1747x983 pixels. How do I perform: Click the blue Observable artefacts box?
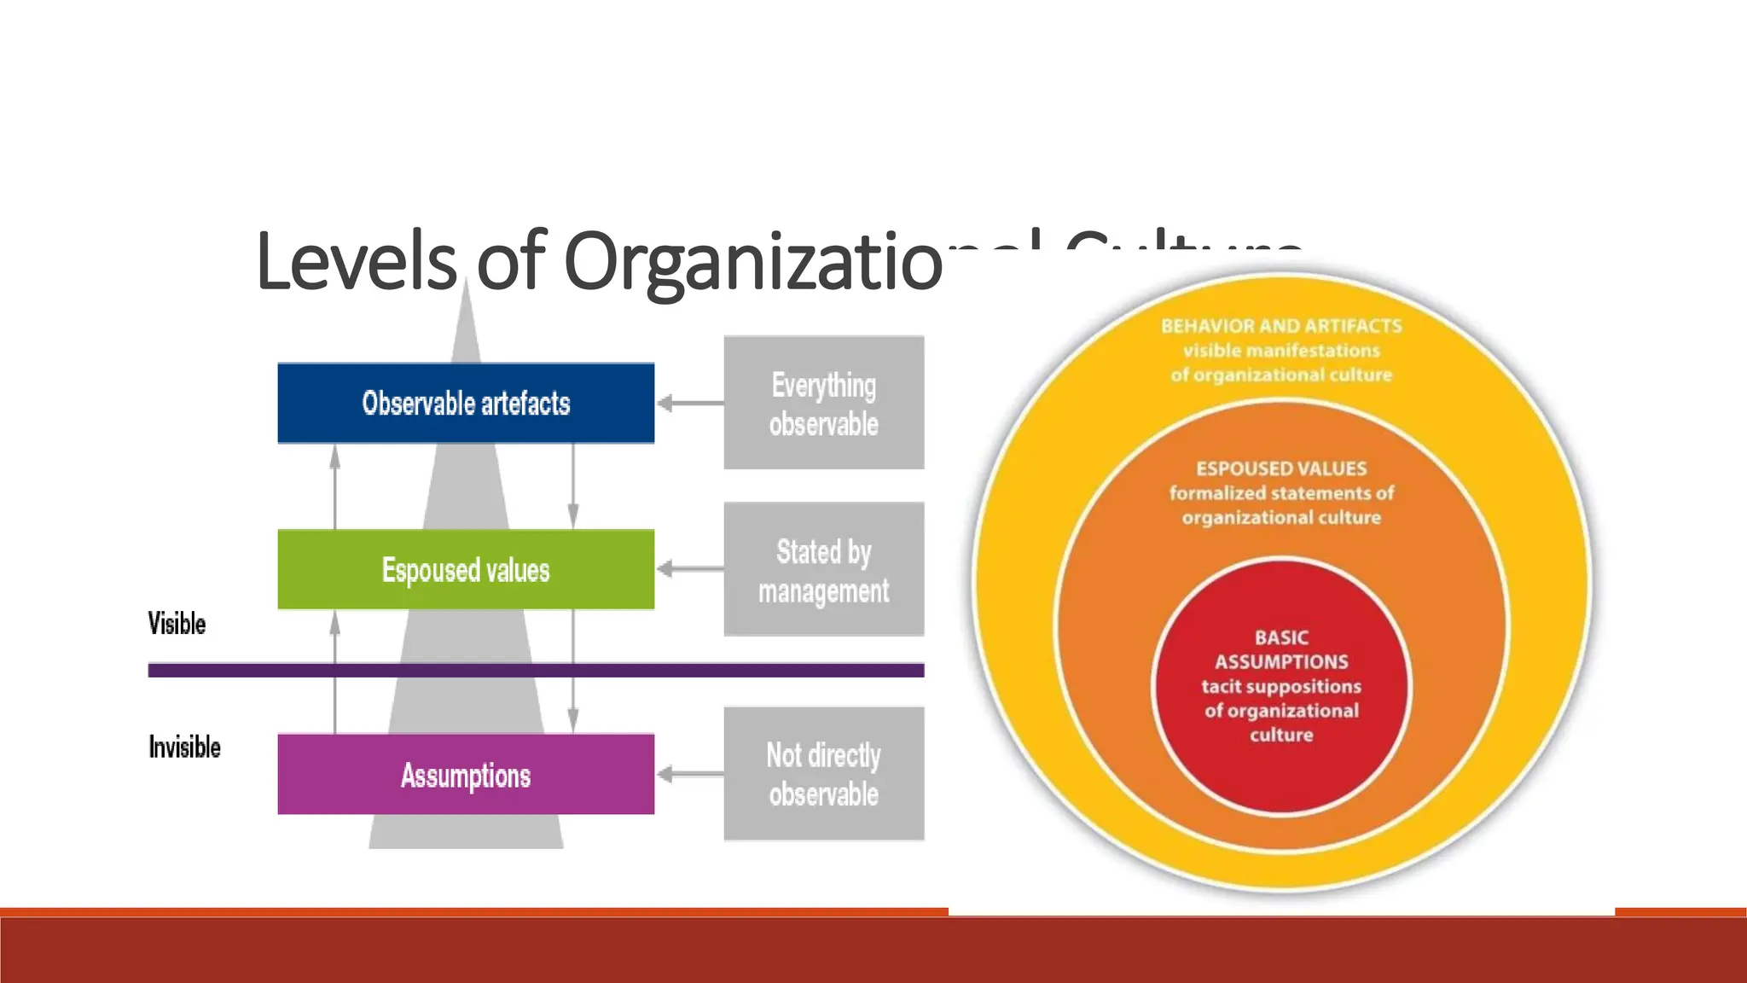point(466,403)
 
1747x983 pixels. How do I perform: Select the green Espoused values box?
point(466,569)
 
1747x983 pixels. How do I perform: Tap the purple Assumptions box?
point(466,774)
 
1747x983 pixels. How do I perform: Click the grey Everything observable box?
point(823,403)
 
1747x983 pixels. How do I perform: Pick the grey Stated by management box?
point(823,569)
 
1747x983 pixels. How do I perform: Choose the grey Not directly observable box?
point(823,774)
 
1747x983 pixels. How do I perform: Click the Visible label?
point(177,624)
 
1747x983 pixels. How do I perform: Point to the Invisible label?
point(184,747)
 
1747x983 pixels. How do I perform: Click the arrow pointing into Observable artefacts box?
point(689,403)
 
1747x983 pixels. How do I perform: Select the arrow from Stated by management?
point(689,569)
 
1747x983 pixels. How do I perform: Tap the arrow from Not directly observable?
point(689,774)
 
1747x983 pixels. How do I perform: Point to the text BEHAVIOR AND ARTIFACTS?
point(1280,326)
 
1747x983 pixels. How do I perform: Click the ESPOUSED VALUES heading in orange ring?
point(1280,468)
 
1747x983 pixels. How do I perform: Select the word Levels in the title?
point(356,261)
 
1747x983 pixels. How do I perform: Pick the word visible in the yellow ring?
point(1211,351)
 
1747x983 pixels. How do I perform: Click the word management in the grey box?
point(823,591)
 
